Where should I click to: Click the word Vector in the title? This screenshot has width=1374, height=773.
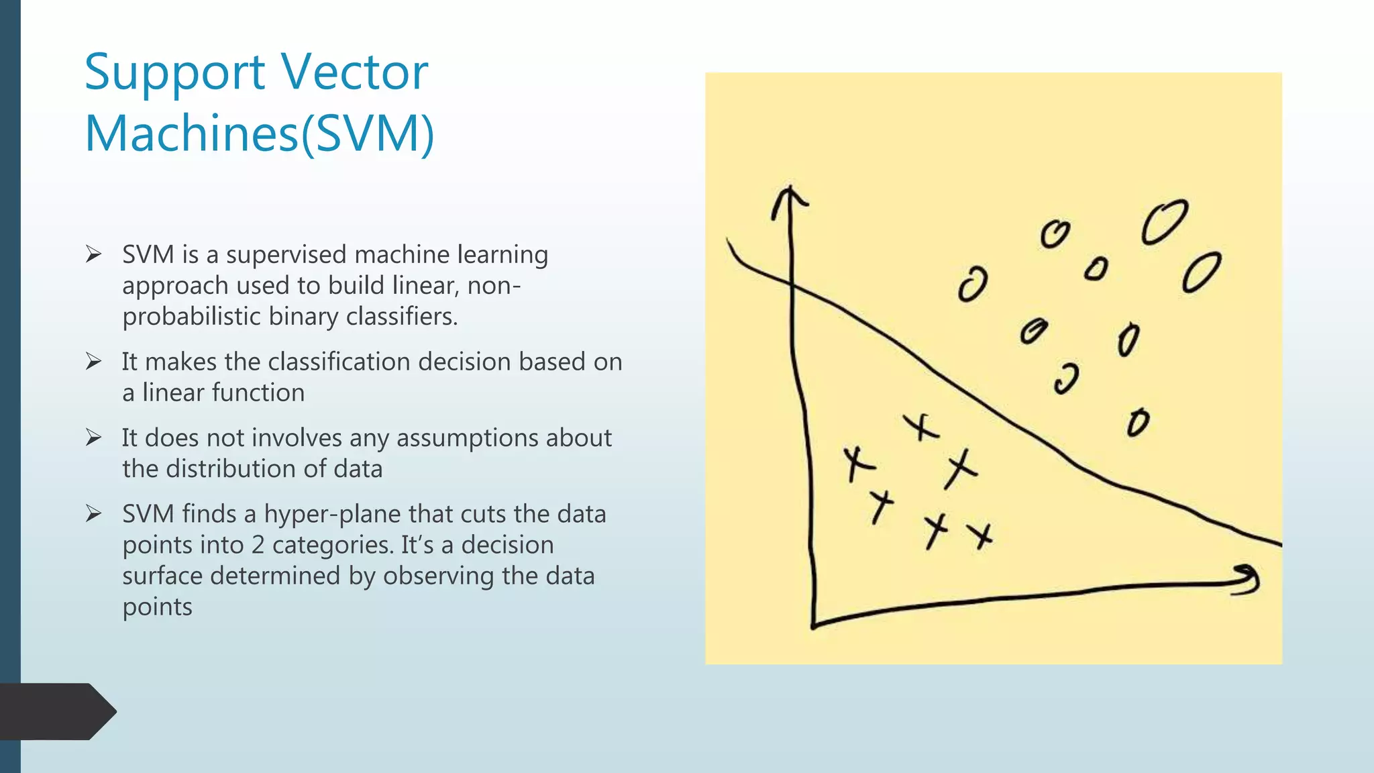[354, 72]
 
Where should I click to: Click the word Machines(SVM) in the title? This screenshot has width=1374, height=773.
[260, 134]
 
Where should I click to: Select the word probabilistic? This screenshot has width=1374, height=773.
[191, 317]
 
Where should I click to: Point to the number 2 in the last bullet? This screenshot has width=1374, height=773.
[258, 546]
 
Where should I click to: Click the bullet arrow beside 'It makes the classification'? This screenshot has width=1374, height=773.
[93, 362]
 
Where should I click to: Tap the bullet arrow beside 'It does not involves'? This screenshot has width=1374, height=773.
[93, 438]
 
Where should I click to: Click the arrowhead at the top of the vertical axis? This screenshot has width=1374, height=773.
[790, 198]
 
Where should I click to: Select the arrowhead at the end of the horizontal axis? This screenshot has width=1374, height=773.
[1248, 578]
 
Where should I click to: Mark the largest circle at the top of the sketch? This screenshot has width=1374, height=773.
[1165, 222]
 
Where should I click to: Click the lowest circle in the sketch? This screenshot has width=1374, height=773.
[1138, 423]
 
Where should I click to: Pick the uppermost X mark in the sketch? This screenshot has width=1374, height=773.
[921, 427]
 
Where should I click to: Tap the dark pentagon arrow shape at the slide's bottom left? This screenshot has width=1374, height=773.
[57, 711]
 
